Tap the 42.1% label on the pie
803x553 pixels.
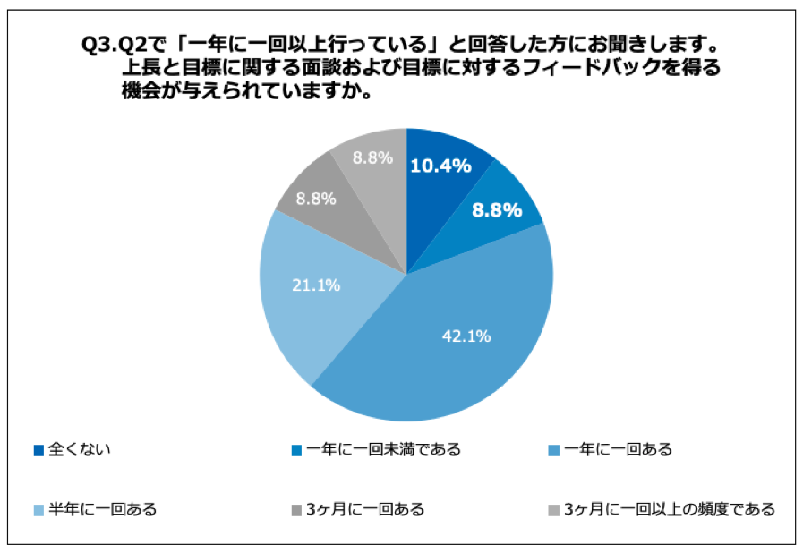pyautogui.click(x=466, y=336)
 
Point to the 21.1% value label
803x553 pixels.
pyautogui.click(x=316, y=285)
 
